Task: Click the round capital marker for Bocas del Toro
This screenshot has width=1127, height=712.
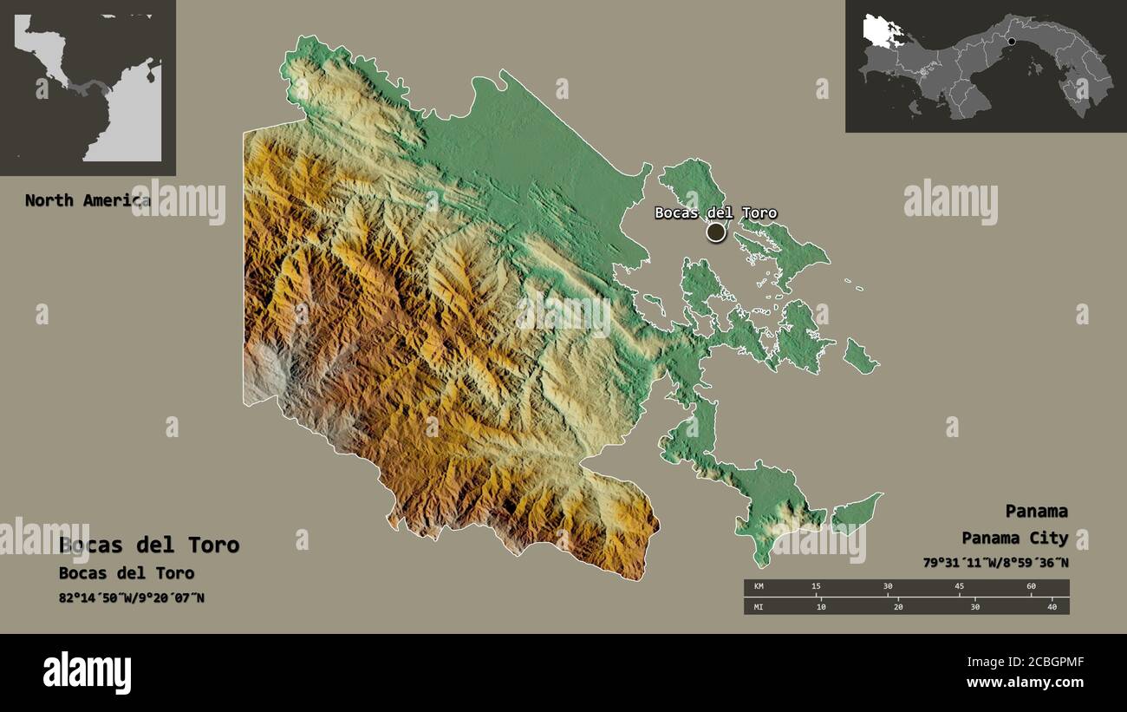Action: pos(715,232)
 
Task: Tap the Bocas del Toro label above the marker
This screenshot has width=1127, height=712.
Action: pos(715,212)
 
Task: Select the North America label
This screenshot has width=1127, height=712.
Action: pos(87,200)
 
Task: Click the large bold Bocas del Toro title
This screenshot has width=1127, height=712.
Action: pos(149,545)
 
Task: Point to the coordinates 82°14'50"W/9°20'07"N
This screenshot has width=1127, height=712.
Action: pos(132,598)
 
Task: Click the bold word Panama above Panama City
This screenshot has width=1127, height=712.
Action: pos(1036,511)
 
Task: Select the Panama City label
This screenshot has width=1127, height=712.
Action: pos(1014,539)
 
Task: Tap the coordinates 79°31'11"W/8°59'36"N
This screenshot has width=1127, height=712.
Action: pos(995,563)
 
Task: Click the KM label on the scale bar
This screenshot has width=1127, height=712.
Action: pos(759,587)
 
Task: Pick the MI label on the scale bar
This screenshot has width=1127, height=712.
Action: pos(759,606)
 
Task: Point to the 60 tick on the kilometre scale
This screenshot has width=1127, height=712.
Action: pos(1031,587)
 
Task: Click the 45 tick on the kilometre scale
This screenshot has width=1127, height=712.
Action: pos(959,587)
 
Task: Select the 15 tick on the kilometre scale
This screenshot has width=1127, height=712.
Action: pos(816,587)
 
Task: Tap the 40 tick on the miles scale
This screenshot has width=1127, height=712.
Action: pos(1052,606)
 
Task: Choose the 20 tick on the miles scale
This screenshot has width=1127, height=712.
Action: pos(898,606)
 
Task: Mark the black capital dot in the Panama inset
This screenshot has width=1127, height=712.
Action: pos(1011,41)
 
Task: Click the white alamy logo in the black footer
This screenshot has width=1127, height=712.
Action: pos(87,673)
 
